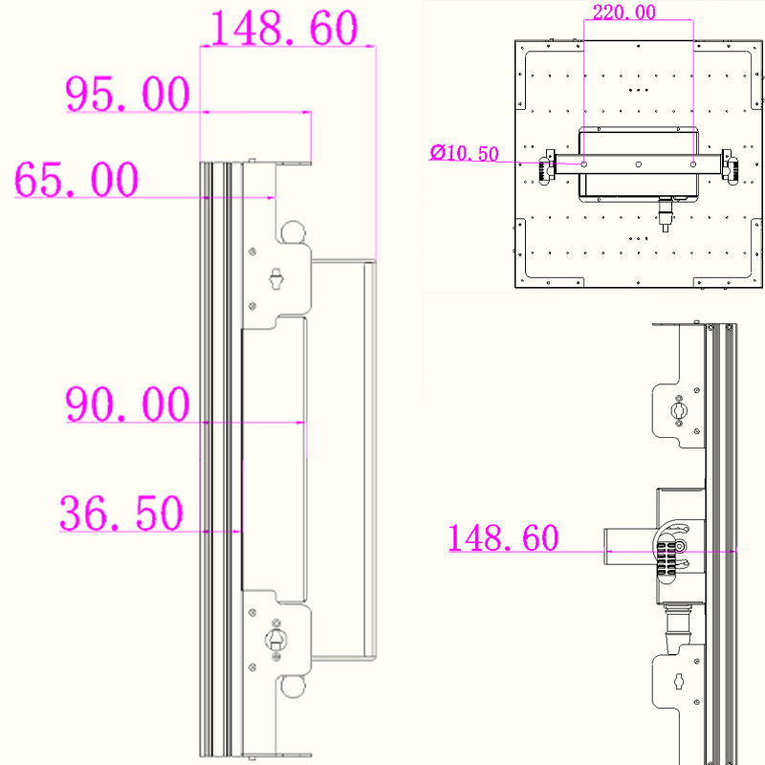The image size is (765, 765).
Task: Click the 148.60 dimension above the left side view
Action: coord(284,28)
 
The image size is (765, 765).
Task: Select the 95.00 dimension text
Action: coord(127,94)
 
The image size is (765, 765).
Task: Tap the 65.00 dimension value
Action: coord(76,179)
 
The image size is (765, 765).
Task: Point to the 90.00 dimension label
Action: coord(127,404)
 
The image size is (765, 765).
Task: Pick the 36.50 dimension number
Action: coord(121,513)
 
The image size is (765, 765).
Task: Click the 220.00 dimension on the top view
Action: coord(624,12)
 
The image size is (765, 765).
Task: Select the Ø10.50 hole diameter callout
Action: coord(464,153)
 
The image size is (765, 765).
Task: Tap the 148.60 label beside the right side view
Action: coord(503,537)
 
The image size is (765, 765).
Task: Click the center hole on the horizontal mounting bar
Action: coord(638,164)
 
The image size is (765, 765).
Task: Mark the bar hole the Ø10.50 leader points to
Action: coord(584,164)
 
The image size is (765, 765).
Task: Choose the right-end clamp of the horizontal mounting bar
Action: coord(730,166)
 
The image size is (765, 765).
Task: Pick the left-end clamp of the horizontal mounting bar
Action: coord(547,166)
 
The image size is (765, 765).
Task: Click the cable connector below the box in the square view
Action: coord(665,213)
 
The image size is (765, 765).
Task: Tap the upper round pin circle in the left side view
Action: coord(293,232)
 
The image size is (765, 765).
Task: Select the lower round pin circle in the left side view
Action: coord(293,686)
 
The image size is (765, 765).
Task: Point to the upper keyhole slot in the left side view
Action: coord(276,278)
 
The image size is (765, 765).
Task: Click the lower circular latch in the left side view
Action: coord(275,639)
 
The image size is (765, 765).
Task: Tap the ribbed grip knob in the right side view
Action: coord(666,559)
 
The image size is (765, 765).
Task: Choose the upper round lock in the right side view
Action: coord(678,410)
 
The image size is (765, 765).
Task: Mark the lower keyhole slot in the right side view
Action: coord(679,681)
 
